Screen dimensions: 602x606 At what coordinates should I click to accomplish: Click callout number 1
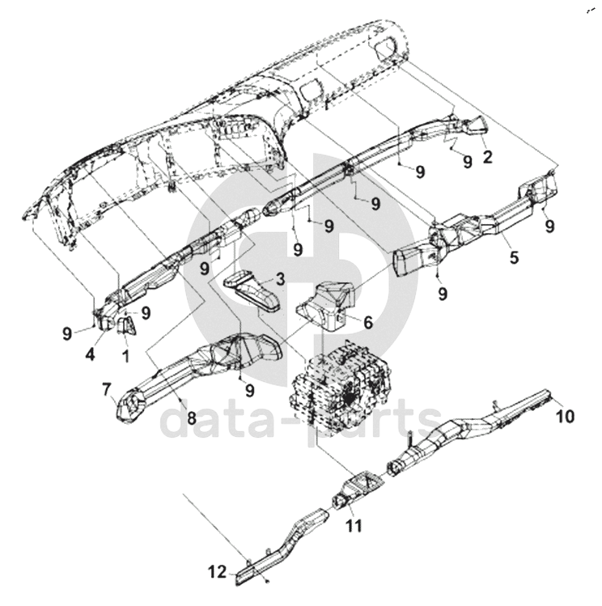click(125, 356)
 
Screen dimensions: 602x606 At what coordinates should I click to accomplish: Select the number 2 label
click(488, 157)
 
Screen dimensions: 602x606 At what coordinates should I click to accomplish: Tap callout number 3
click(280, 278)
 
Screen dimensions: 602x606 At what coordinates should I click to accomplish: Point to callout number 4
click(90, 354)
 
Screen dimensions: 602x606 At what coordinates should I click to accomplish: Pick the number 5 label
click(514, 257)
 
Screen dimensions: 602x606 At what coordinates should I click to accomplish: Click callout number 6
click(368, 322)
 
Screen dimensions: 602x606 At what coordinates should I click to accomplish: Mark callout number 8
click(192, 417)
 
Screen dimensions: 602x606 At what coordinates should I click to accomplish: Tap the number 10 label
click(566, 416)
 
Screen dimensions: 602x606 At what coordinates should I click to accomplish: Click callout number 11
click(354, 526)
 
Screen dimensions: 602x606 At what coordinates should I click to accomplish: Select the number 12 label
click(217, 571)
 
